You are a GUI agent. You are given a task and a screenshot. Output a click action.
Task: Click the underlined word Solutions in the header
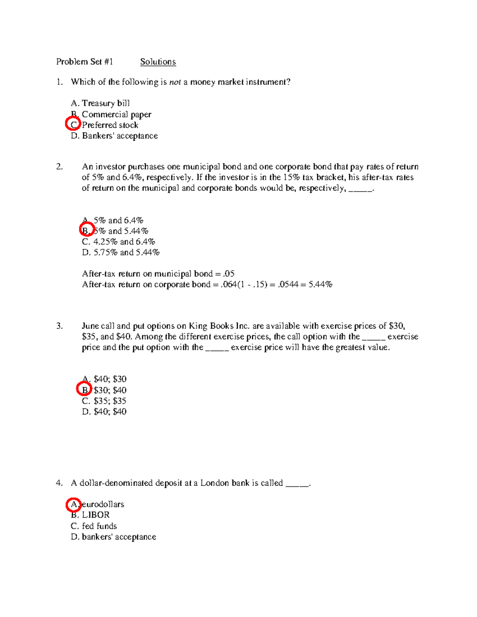pyautogui.click(x=158, y=62)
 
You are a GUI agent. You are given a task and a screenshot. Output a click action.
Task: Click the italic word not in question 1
pyautogui.click(x=175, y=82)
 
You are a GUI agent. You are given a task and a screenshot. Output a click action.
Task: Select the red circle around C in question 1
pyautogui.click(x=73, y=124)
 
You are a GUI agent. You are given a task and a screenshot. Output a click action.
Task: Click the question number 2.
pyautogui.click(x=59, y=167)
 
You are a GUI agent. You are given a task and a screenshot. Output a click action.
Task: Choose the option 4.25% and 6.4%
pyautogui.click(x=118, y=242)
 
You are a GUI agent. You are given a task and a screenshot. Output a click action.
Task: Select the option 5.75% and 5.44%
pyautogui.click(x=120, y=253)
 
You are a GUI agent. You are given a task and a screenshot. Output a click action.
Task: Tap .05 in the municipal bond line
pyautogui.click(x=229, y=274)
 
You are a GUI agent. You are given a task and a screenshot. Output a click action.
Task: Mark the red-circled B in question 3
pyautogui.click(x=84, y=389)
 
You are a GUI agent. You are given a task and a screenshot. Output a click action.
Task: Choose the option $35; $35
pyautogui.click(x=104, y=401)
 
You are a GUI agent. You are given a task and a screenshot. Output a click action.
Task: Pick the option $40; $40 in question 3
pyautogui.click(x=104, y=412)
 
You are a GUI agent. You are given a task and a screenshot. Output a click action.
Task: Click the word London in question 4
pyautogui.click(x=215, y=483)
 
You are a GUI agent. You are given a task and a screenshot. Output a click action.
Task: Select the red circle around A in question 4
pyautogui.click(x=73, y=504)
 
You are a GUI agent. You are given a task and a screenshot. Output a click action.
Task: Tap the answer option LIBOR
pyautogui.click(x=95, y=515)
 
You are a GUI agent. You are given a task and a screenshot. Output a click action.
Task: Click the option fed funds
pyautogui.click(x=99, y=526)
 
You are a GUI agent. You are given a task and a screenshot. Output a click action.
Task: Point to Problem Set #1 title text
pyautogui.click(x=84, y=62)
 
